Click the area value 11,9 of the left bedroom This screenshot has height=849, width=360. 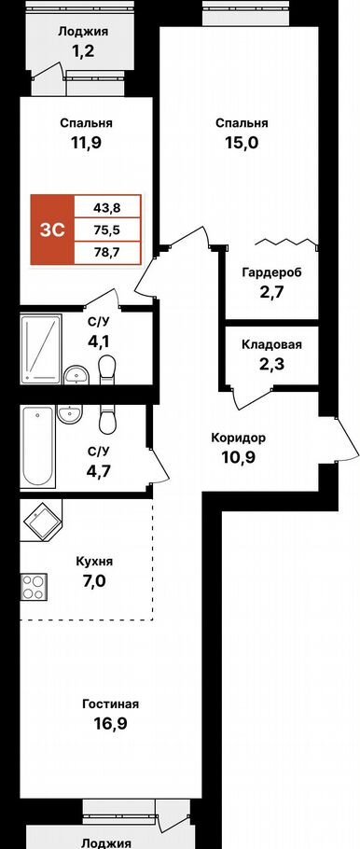[x=86, y=143]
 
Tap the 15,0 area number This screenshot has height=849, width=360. [x=242, y=143]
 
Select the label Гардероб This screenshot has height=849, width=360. [x=270, y=272]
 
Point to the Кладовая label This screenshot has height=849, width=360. [x=271, y=344]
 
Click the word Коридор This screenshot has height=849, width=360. [x=238, y=438]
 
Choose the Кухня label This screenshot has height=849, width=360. [x=95, y=562]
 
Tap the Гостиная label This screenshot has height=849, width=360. [x=110, y=704]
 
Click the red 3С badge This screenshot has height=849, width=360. [x=52, y=230]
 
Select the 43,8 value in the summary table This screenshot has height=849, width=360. [x=108, y=205]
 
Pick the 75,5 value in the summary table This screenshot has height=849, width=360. [x=108, y=230]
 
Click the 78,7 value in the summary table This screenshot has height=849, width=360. [x=108, y=254]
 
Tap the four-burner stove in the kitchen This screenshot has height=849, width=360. [x=34, y=587]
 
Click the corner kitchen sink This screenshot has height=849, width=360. [x=42, y=519]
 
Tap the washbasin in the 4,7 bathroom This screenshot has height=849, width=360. [x=69, y=415]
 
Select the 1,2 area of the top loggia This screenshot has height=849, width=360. [x=83, y=52]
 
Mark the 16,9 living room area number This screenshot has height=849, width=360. [x=110, y=722]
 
